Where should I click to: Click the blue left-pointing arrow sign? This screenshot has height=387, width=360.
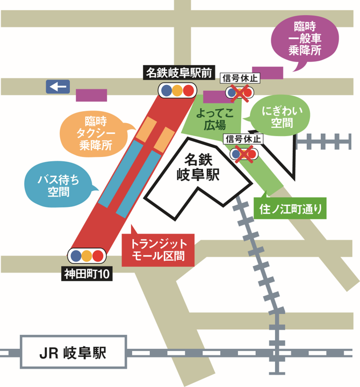click(57, 87)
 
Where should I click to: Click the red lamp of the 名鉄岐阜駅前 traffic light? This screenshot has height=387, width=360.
click(188, 90)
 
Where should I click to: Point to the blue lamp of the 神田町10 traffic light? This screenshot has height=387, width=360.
click(76, 255)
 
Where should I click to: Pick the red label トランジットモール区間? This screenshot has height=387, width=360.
click(159, 250)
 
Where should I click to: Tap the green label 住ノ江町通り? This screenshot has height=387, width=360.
click(289, 208)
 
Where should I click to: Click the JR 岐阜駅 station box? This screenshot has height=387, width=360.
click(73, 353)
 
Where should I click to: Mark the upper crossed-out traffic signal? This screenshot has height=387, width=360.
click(240, 93)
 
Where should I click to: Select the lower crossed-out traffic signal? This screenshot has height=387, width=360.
click(243, 154)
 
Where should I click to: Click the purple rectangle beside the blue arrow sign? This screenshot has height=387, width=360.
click(91, 95)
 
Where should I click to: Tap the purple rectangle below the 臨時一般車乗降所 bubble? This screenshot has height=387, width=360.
click(267, 73)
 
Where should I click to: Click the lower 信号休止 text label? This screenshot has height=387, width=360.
click(243, 139)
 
